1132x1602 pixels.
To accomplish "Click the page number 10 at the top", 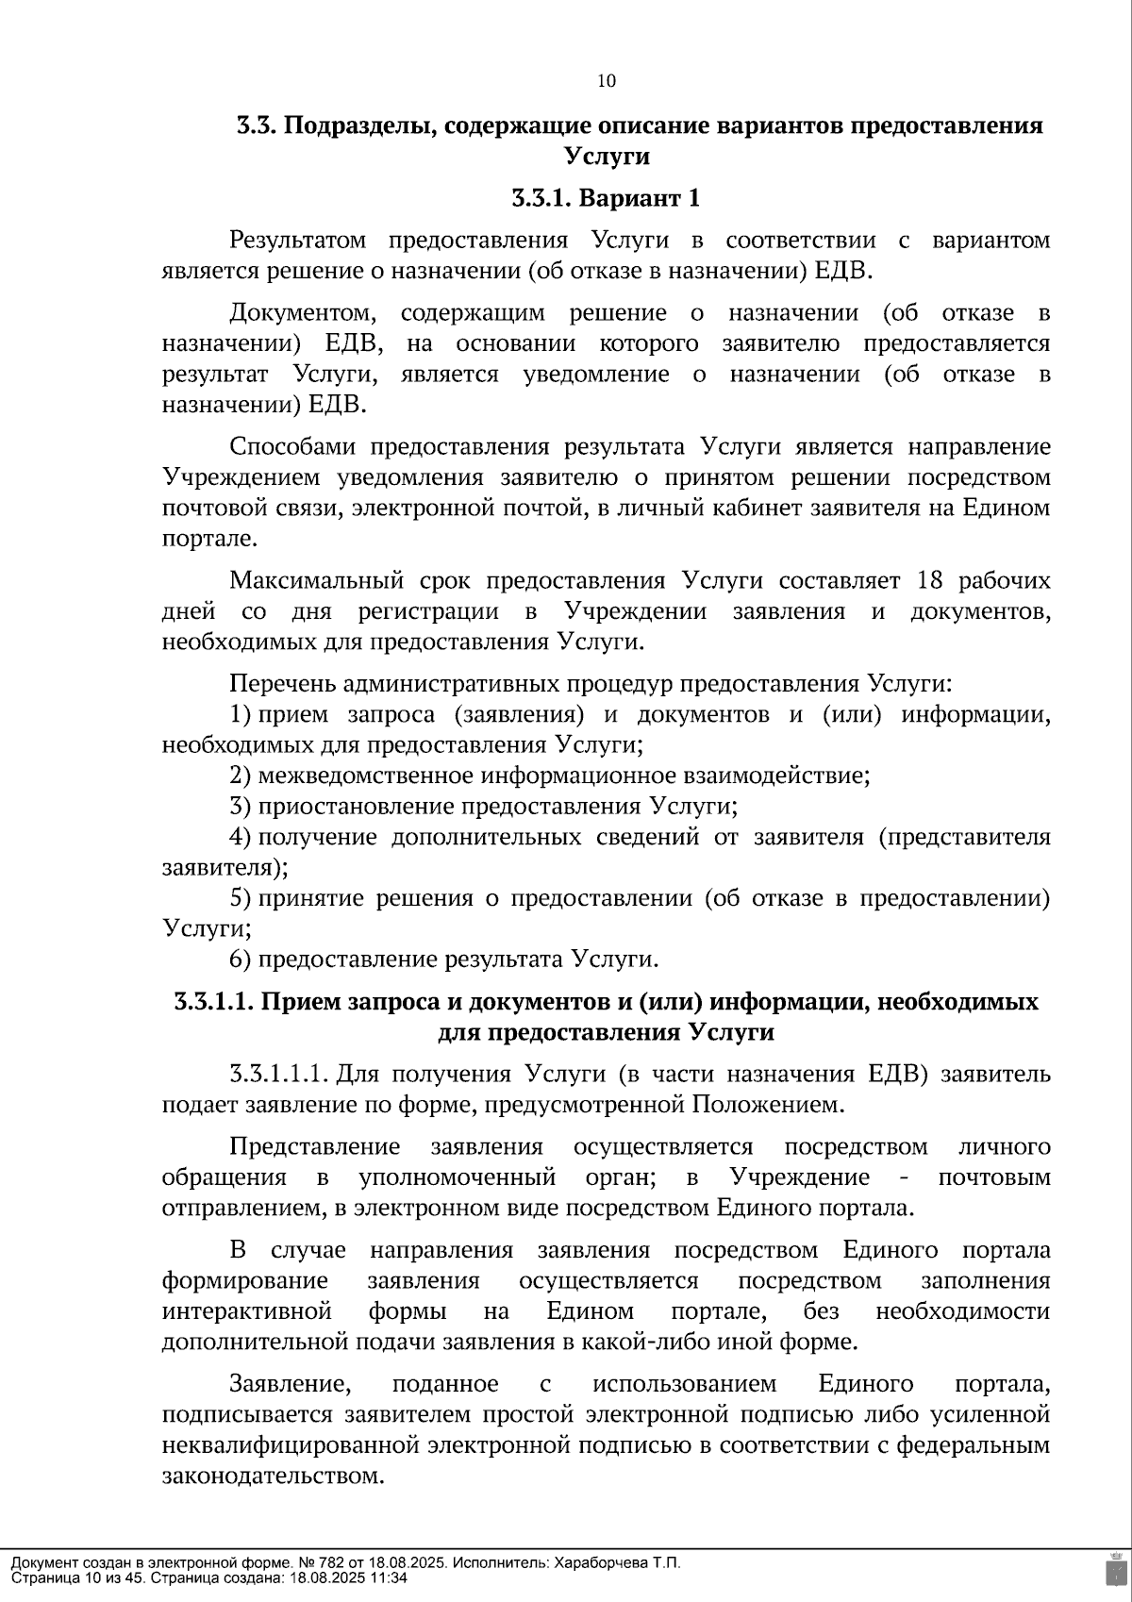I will (x=607, y=81).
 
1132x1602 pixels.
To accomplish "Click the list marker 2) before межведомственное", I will (x=240, y=776).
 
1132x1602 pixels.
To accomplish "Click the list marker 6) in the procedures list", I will (x=240, y=960).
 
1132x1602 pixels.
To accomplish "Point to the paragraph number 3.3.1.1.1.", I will (x=278, y=1075).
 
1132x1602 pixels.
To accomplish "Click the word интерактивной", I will (x=247, y=1311).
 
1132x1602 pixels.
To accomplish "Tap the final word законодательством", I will (x=274, y=1476).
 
